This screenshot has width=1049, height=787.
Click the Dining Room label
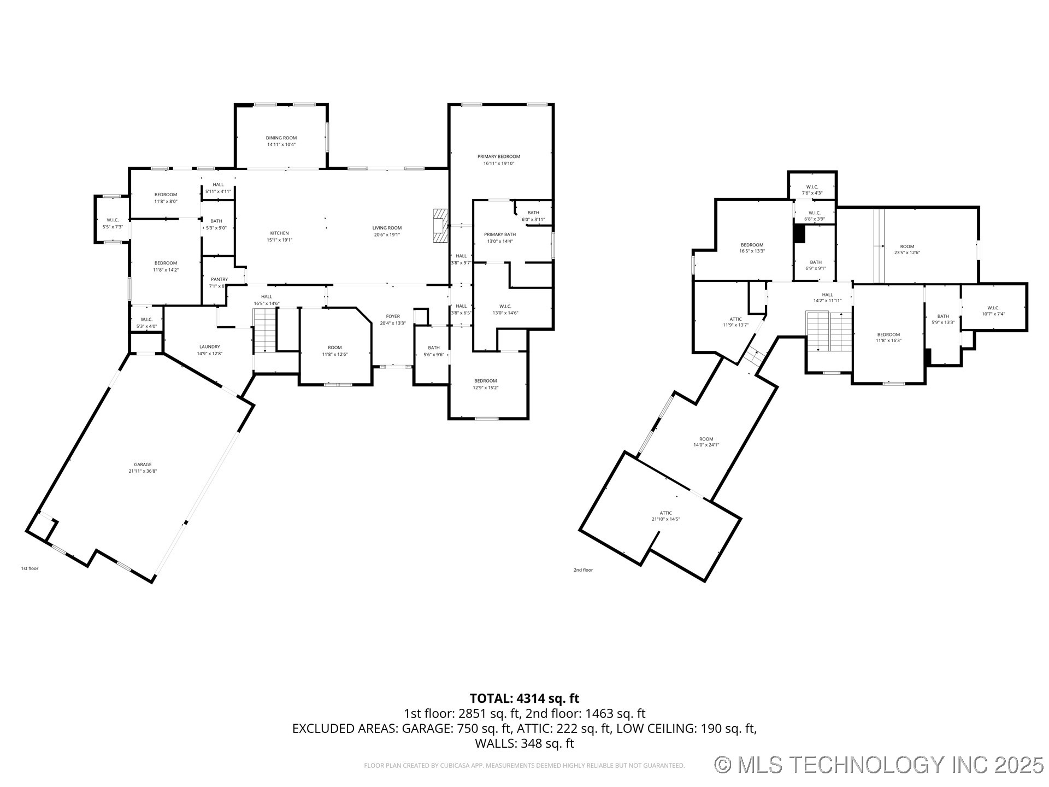281,138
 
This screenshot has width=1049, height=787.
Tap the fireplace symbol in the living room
440,226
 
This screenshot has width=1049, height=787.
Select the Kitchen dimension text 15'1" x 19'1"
279,240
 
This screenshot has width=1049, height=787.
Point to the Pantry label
219,279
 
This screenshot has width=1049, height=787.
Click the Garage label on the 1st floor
143,465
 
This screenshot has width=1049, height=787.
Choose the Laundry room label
209,346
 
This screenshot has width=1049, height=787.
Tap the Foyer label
393,316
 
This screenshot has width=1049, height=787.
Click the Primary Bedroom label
498,156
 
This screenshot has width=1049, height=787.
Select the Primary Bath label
499,234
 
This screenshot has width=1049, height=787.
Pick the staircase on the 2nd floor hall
829,332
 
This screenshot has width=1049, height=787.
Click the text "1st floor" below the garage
30,568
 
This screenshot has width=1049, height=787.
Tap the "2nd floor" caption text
583,570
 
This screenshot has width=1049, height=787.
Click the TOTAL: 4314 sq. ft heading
524,698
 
